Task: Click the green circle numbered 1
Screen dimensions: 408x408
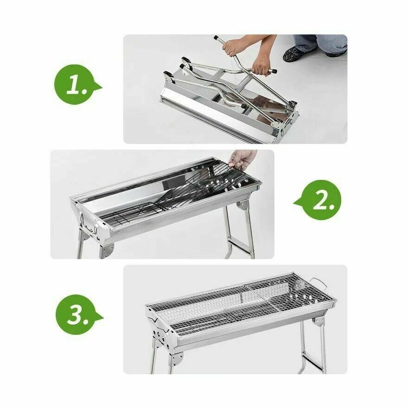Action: coord(74,84)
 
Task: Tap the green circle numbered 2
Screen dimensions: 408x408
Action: coord(320,200)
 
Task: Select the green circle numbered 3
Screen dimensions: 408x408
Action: coord(76,315)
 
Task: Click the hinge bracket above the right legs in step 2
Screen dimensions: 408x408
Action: coord(242,205)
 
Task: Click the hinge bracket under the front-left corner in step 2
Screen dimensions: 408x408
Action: coord(107,250)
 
